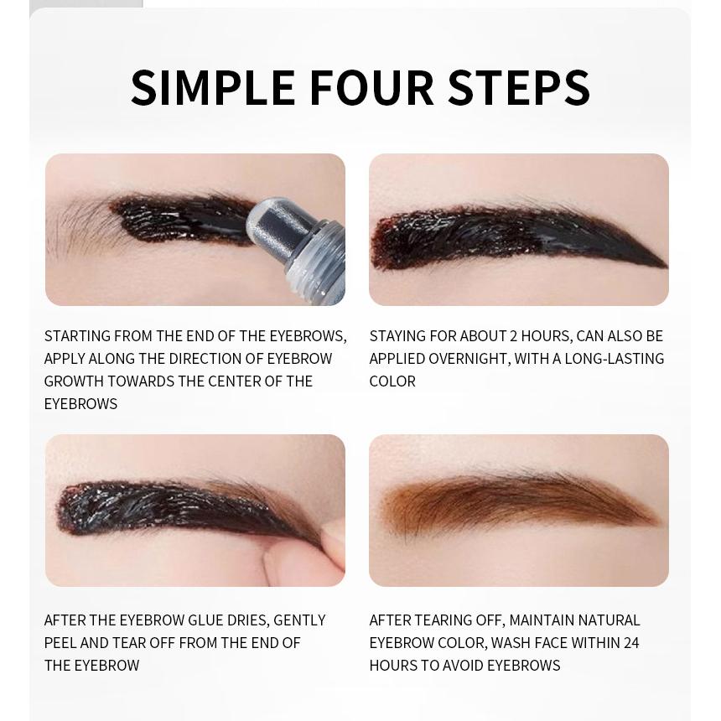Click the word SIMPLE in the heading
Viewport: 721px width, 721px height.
coord(213,87)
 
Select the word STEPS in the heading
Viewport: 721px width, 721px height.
coord(519,87)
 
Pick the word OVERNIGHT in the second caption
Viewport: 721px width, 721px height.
coord(464,359)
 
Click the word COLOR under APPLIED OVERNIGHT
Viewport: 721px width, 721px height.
coord(392,381)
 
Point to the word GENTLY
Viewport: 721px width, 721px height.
coord(300,620)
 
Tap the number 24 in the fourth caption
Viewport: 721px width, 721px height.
coord(631,643)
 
